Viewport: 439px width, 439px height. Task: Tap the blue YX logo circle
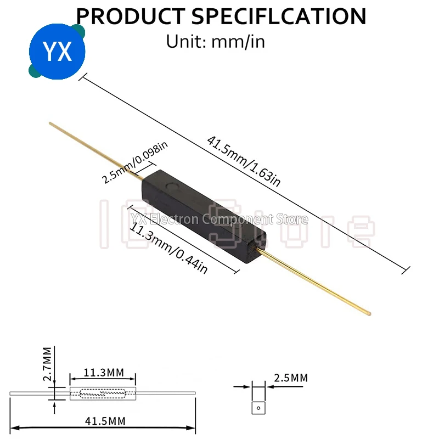pyautogui.click(x=57, y=51)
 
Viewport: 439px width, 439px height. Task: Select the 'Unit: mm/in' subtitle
pyautogui.click(x=215, y=41)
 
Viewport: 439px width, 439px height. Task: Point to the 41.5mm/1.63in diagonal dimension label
pyautogui.click(x=244, y=161)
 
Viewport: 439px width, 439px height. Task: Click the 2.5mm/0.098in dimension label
pyautogui.click(x=134, y=163)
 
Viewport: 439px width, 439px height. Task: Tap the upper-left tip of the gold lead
pyautogui.click(x=50, y=123)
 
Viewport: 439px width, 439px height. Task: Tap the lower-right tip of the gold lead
pyautogui.click(x=369, y=313)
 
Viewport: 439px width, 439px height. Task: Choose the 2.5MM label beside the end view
pyautogui.click(x=290, y=378)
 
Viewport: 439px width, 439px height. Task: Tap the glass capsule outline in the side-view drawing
pyautogui.click(x=97, y=393)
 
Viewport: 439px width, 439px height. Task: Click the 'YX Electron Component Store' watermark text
pyautogui.click(x=219, y=219)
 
